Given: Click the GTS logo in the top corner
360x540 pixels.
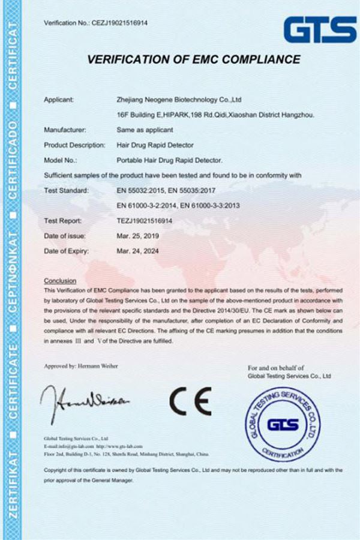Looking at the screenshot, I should point(320,28).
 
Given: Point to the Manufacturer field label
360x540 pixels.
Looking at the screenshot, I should point(65,129).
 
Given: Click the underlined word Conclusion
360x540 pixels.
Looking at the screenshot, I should point(61,280).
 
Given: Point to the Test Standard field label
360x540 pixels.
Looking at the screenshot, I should point(67,190).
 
